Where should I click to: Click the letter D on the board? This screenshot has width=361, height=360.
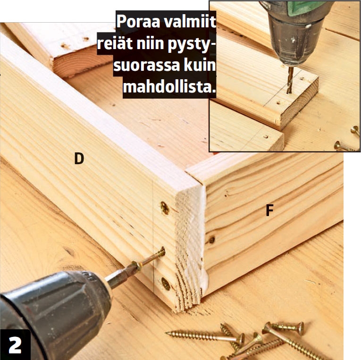79,159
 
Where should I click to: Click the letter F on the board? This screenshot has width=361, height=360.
269,210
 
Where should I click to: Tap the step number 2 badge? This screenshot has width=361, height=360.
15,345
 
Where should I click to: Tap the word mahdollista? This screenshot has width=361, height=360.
169,87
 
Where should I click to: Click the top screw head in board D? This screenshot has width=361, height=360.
165,208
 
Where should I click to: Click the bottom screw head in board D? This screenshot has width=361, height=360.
166,284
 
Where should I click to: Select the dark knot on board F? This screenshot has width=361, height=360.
211,240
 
